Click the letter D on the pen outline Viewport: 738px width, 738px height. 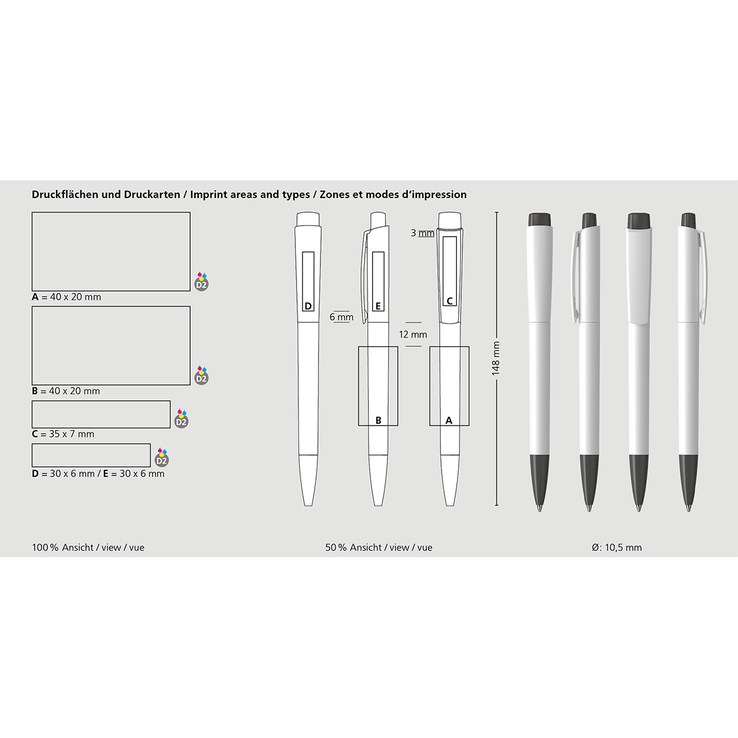308,306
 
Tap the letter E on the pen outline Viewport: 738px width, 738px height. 378,306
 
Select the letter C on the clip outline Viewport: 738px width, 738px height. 450,301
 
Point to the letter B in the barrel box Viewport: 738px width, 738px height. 378,421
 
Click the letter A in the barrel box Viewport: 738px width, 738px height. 449,421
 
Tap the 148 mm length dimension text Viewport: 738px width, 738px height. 496,359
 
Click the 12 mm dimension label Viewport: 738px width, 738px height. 413,335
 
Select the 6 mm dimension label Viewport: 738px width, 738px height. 341,317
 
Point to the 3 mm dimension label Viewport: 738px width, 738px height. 423,233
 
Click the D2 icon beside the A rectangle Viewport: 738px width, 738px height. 202,282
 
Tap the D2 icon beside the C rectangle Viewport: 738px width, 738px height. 181,419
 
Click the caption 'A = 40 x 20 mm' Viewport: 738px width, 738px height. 66,297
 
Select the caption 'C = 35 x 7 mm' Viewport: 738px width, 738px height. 63,434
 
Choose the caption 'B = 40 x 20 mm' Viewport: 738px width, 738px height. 66,391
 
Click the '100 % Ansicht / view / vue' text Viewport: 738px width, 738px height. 88,548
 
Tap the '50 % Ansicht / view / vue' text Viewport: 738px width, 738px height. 379,548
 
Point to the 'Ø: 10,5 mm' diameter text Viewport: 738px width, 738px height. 617,548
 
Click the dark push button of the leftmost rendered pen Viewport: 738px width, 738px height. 539,220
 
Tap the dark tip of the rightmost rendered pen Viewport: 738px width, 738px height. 689,483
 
